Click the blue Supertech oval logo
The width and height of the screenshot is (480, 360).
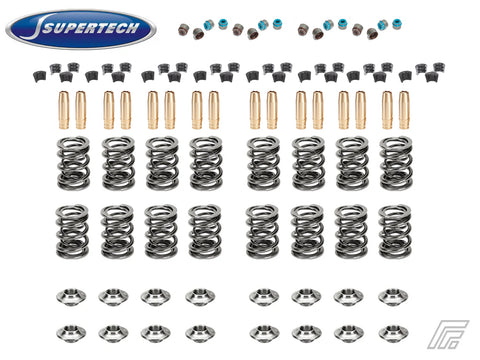[x=81, y=29]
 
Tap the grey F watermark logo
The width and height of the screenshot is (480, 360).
[x=448, y=334]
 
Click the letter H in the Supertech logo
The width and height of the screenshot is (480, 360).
[x=132, y=28]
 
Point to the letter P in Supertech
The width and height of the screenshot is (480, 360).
[x=70, y=29]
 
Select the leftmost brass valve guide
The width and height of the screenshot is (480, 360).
[x=64, y=110]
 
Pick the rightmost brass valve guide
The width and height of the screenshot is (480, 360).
[x=404, y=110]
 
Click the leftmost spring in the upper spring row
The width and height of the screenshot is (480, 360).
[x=73, y=163]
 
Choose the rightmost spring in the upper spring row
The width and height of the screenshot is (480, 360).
[x=396, y=163]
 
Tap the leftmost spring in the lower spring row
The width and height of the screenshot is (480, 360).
[x=72, y=232]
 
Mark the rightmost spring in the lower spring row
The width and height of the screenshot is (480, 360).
[x=395, y=232]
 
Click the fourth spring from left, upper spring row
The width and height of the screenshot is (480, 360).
[x=206, y=163]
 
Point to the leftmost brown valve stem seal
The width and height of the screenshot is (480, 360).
[x=184, y=30]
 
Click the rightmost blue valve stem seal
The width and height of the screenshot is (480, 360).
[x=397, y=24]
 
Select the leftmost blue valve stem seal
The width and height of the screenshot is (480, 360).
[x=209, y=24]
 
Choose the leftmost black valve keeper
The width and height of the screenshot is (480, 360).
[x=40, y=77]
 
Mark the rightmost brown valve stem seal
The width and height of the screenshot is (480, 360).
[x=372, y=34]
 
